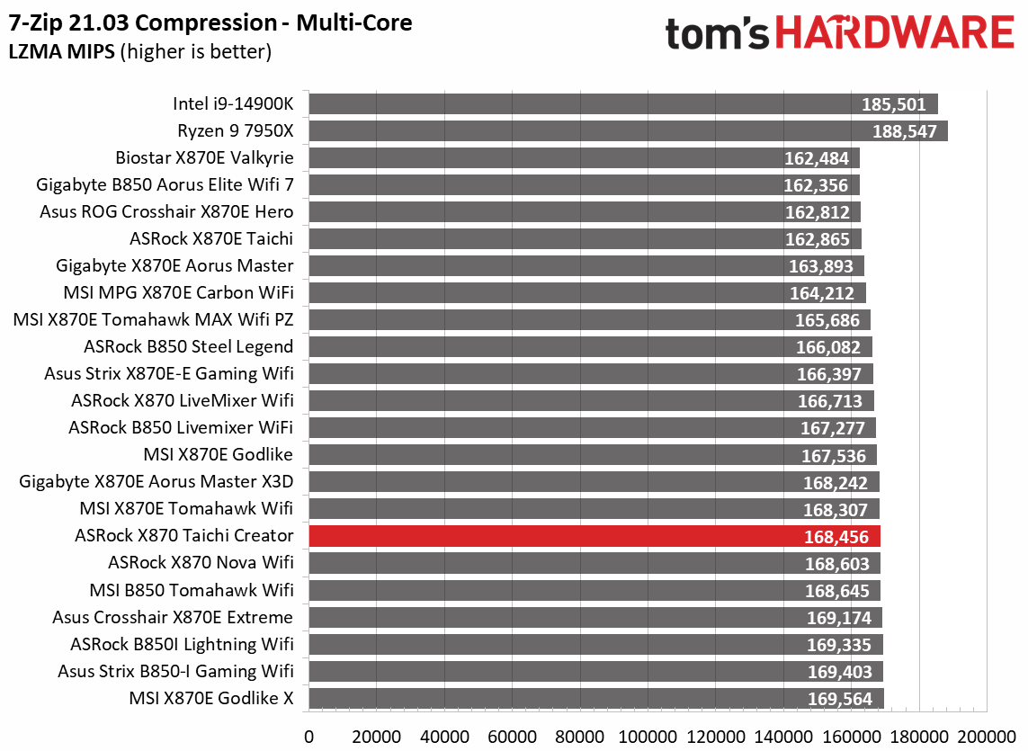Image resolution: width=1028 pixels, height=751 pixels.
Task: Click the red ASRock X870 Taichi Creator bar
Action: click(x=594, y=536)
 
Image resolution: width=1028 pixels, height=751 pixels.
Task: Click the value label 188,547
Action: click(x=905, y=132)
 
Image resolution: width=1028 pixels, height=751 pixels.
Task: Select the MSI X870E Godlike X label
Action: click(x=211, y=698)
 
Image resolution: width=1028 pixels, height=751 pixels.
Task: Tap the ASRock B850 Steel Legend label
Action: click(x=188, y=347)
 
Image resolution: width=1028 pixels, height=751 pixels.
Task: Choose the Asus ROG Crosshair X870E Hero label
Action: click(x=166, y=212)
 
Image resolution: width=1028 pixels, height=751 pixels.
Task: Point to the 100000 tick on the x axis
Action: click(x=648, y=736)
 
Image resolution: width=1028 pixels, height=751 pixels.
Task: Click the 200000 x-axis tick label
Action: click(x=988, y=736)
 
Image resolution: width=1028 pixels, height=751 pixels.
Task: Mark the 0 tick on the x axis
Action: click(x=309, y=736)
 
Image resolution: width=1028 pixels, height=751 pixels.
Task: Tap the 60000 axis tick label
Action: click(x=513, y=736)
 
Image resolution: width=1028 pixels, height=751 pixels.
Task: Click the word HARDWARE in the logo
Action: click(x=895, y=33)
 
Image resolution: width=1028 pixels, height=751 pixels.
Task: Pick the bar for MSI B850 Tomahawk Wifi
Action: click(x=594, y=590)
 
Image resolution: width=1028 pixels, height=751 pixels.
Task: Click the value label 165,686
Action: click(x=827, y=321)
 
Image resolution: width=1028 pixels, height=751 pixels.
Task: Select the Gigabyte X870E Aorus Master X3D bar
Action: click(x=594, y=482)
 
